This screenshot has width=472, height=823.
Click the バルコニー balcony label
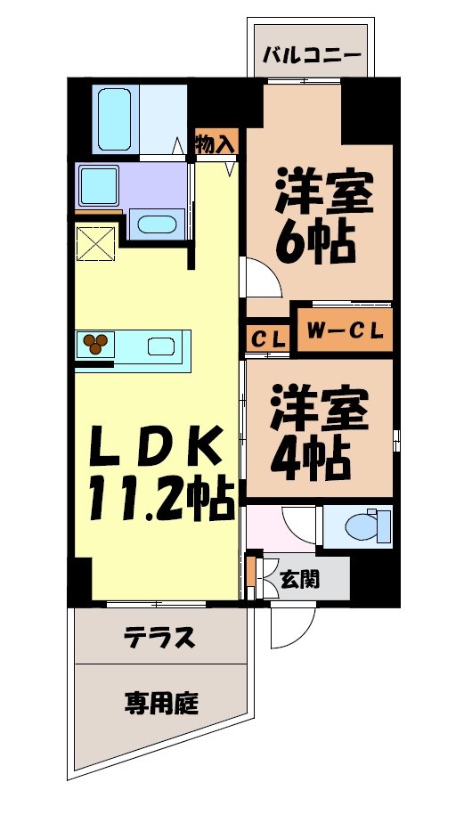click(x=312, y=53)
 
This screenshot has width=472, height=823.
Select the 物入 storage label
click(x=216, y=141)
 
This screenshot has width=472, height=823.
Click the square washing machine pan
click(x=99, y=186)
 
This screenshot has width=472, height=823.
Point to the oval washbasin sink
click(x=158, y=224)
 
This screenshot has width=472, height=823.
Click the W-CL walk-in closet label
click(x=346, y=331)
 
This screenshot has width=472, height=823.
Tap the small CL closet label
click(x=267, y=339)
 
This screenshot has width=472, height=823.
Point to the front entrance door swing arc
click(x=290, y=628)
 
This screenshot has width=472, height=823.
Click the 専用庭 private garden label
click(x=160, y=704)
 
